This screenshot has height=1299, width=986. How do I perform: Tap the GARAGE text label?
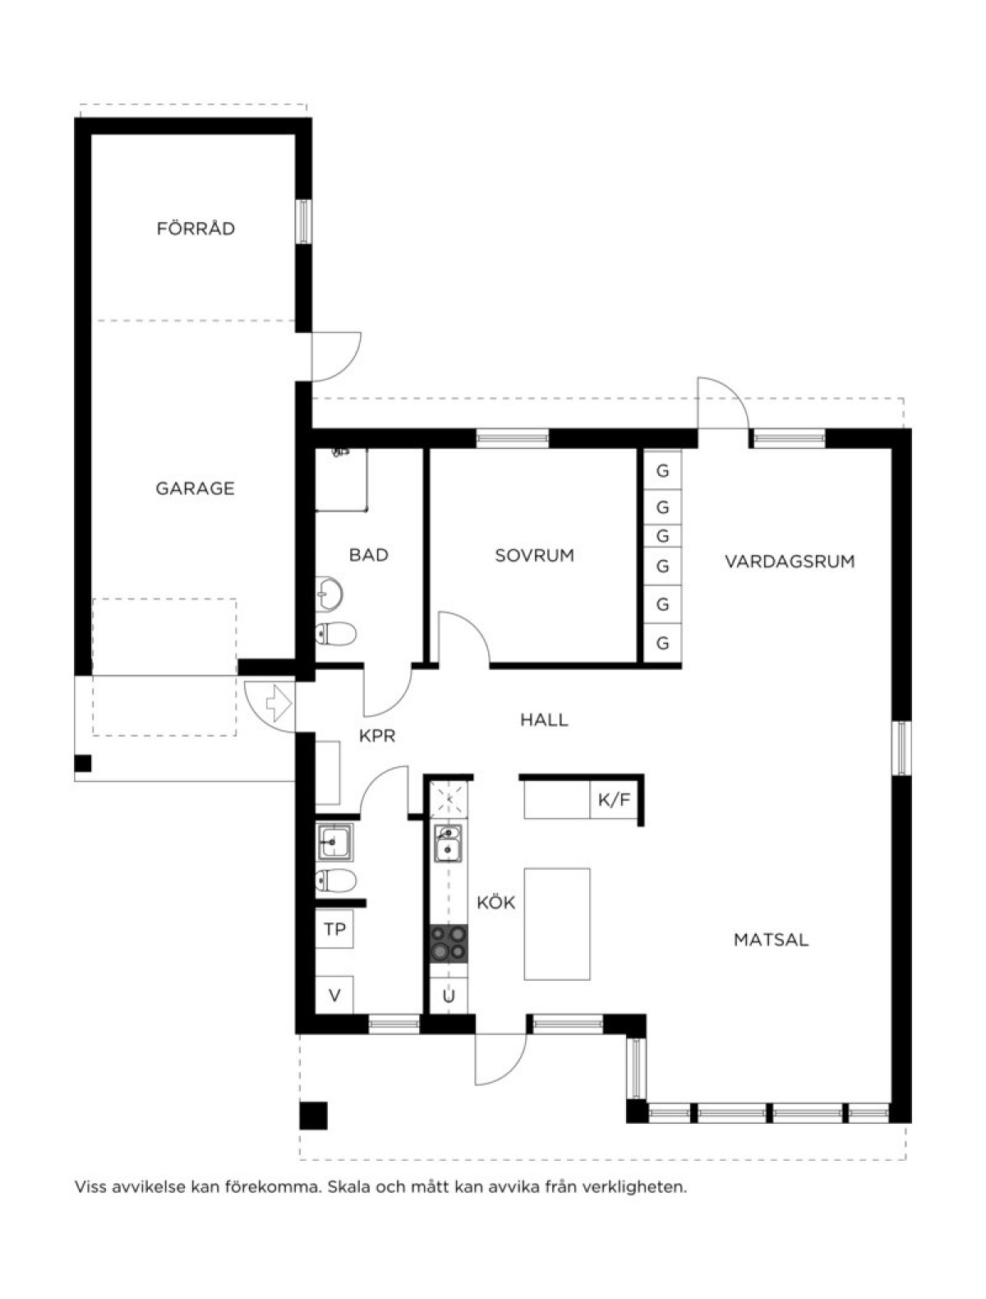(x=195, y=488)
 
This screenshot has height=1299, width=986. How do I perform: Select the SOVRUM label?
(x=534, y=555)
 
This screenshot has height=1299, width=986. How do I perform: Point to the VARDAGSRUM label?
(x=790, y=561)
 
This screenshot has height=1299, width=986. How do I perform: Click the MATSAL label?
(x=771, y=940)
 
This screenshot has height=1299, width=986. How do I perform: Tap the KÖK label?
(x=495, y=902)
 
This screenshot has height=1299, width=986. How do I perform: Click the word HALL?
(x=544, y=719)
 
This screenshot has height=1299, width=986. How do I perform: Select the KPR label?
(x=377, y=736)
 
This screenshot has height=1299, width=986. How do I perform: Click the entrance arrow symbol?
(x=279, y=703)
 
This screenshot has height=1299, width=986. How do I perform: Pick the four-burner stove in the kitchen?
(x=448, y=943)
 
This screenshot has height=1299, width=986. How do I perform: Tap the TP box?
(x=334, y=929)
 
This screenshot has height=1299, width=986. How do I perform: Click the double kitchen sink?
(x=448, y=844)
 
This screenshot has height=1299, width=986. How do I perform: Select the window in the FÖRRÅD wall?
(x=303, y=221)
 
